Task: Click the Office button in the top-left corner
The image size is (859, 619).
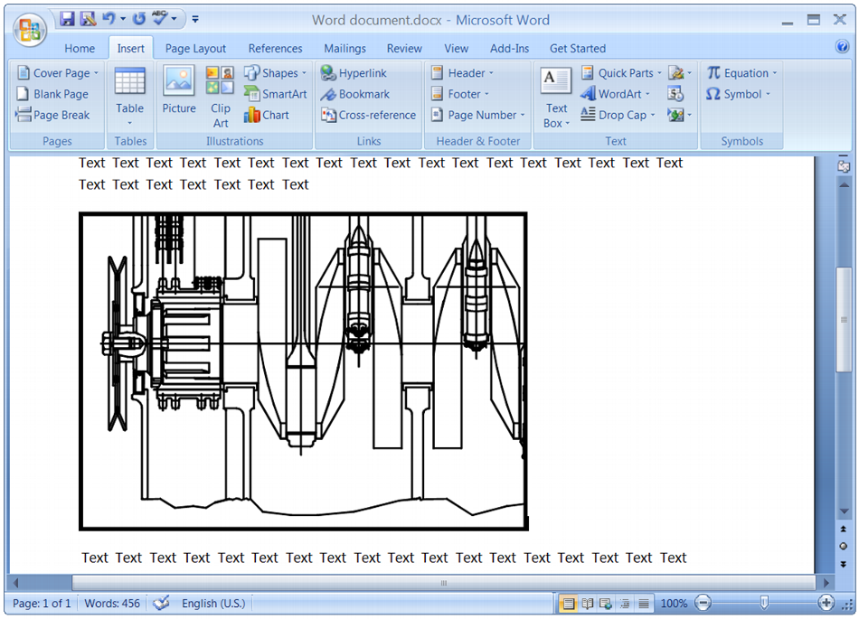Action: tap(30, 29)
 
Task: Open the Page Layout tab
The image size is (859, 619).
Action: tap(195, 49)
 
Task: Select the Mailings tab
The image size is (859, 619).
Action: tap(345, 49)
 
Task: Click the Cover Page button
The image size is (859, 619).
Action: tap(54, 73)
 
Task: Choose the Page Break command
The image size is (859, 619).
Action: tap(53, 115)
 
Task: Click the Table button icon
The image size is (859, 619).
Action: tap(130, 82)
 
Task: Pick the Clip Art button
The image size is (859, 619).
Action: tap(221, 95)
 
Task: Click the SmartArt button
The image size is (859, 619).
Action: tap(276, 94)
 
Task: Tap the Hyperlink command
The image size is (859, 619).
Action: tap(354, 73)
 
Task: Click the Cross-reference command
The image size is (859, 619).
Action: tap(369, 115)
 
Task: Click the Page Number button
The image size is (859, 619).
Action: tap(477, 115)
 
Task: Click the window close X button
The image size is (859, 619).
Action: tap(837, 20)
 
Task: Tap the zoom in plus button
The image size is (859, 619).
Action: tap(826, 603)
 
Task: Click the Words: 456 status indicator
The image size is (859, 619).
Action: tap(112, 603)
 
